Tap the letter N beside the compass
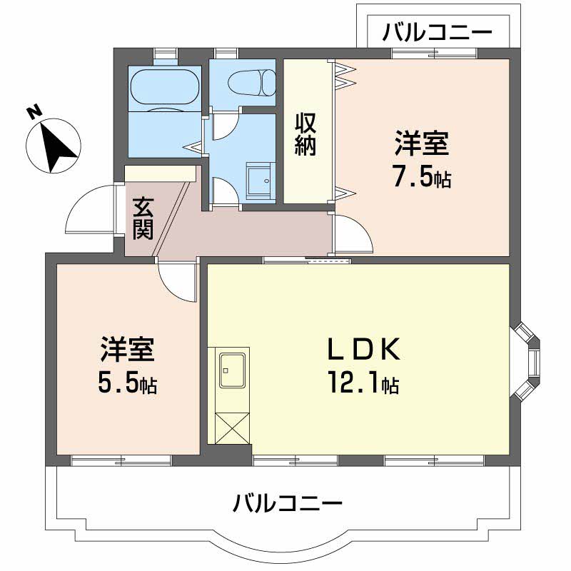32,112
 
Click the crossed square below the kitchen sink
230,428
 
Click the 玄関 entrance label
143,218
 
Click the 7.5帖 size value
422,178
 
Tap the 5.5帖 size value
128,385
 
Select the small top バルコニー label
436,32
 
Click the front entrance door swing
89,212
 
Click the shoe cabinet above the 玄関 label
160,174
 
